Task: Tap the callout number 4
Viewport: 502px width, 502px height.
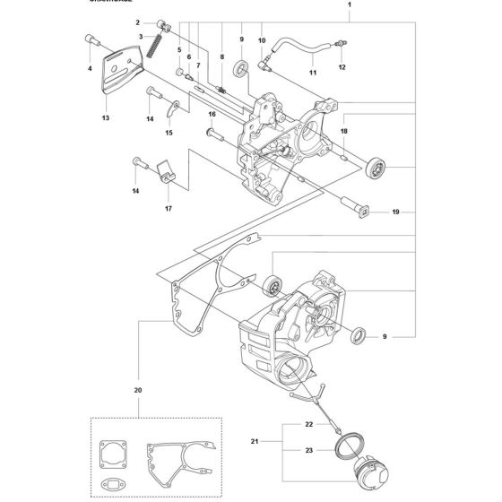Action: coord(91,67)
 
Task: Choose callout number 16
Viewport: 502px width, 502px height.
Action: coord(212,114)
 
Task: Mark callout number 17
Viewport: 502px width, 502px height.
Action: coord(169,208)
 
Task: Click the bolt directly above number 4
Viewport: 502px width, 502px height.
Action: coord(91,40)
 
